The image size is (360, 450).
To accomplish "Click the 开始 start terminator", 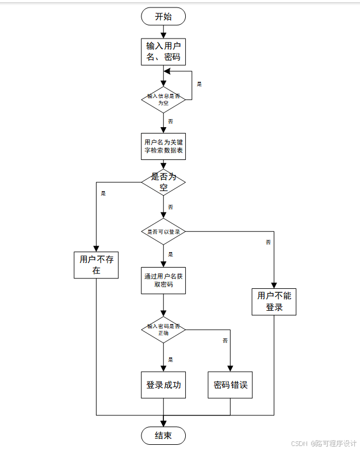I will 163,17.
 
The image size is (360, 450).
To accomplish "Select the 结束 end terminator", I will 163,436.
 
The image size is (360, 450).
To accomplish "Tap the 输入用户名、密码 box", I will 163,52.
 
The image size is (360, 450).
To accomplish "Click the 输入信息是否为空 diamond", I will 163,100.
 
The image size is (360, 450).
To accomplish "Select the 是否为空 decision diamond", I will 163,182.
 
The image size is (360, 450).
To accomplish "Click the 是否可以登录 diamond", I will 163,231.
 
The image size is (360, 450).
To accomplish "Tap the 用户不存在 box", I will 96,265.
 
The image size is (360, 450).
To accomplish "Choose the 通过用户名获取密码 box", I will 163,280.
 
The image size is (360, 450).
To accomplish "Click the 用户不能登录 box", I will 274,302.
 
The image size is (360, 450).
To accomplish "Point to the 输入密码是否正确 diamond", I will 163,330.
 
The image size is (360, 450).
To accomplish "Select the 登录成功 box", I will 163,385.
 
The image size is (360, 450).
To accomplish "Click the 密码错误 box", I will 230,385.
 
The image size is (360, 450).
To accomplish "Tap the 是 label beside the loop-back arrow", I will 200,84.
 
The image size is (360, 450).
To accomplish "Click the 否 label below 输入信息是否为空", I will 170,121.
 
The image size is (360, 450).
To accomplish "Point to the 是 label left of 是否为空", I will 104,193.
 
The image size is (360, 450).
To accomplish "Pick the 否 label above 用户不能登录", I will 268,242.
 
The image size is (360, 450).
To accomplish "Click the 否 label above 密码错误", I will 225,341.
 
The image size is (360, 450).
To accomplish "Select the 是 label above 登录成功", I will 170,359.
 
